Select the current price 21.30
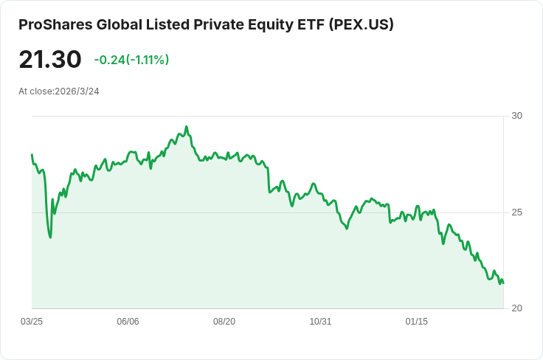[x=50, y=59]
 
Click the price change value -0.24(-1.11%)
[x=131, y=60]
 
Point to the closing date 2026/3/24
[x=77, y=91]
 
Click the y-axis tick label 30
[x=516, y=116]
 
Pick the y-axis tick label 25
[x=516, y=212]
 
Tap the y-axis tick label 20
[x=516, y=308]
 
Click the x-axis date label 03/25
[x=32, y=322]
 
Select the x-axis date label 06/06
[x=128, y=322]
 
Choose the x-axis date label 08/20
[x=224, y=322]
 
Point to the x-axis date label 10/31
[x=320, y=322]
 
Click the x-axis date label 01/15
[x=417, y=322]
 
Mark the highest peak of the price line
[x=187, y=127]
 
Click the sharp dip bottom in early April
[x=50, y=237]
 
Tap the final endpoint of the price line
[x=503, y=283]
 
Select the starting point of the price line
[x=32, y=155]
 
